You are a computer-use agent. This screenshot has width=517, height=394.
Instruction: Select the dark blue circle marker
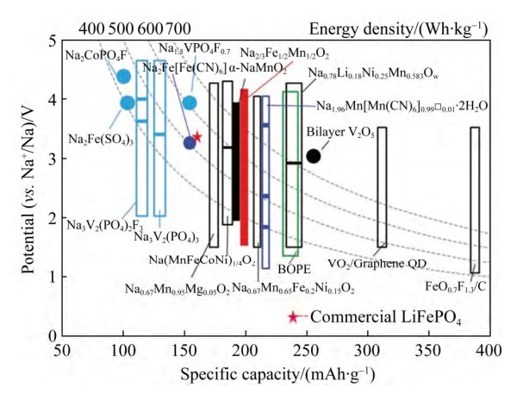point(190,142)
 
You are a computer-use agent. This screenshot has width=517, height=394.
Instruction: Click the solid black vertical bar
point(235,161)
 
